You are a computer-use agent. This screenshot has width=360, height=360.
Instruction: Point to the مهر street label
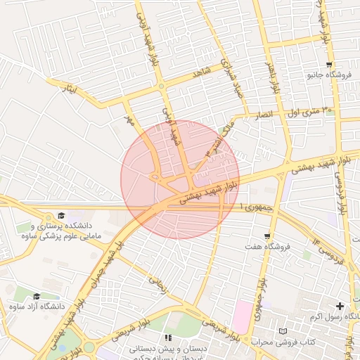(x=128, y=110)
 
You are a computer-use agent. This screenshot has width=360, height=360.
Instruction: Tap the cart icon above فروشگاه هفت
(x=268, y=236)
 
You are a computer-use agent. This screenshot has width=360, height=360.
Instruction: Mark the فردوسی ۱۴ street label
(x=329, y=254)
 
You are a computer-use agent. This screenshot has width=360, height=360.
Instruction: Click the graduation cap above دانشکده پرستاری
(x=61, y=215)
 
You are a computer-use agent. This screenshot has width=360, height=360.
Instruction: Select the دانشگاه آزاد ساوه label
(x=37, y=307)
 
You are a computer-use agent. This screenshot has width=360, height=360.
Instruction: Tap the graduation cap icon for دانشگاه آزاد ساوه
(x=37, y=297)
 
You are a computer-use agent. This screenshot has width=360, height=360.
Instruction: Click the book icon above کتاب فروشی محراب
(x=283, y=330)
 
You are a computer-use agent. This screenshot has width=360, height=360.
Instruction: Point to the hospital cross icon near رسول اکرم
(x=340, y=307)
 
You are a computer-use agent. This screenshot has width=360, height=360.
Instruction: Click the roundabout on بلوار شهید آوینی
(x=161, y=86)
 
